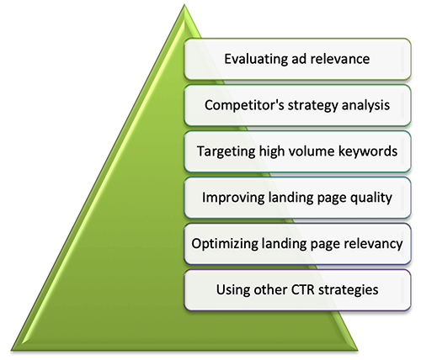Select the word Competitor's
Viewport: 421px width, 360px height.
(244, 105)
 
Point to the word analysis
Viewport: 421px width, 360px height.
(365, 106)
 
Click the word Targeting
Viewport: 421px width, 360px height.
(226, 151)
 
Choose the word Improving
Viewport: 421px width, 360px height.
(233, 198)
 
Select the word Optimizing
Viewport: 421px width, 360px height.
(225, 244)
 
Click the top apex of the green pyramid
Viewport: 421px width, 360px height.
(184, 4)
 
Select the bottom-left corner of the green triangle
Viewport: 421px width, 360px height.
(11, 351)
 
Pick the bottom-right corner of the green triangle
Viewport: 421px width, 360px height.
(358, 351)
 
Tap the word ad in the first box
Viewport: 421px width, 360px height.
(298, 59)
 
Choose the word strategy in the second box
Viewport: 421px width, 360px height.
(313, 106)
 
